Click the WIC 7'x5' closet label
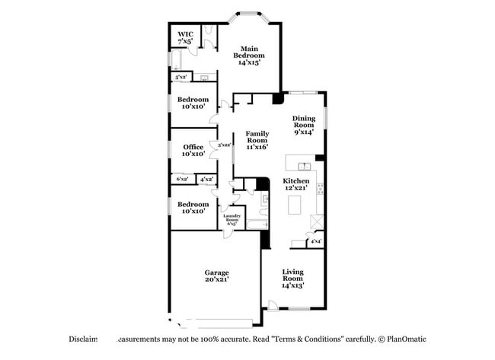point(186,37)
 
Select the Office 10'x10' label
point(193,151)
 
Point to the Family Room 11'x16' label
point(257,141)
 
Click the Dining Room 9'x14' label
point(304,125)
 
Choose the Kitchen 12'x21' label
point(296,184)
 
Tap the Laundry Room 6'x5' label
point(232,218)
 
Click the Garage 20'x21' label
point(216,276)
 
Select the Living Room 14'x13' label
point(293,279)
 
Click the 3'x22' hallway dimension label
point(225,145)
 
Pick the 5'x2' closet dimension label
point(181,77)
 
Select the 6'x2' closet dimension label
point(183,179)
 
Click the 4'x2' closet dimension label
point(206,179)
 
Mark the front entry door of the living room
point(273,305)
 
